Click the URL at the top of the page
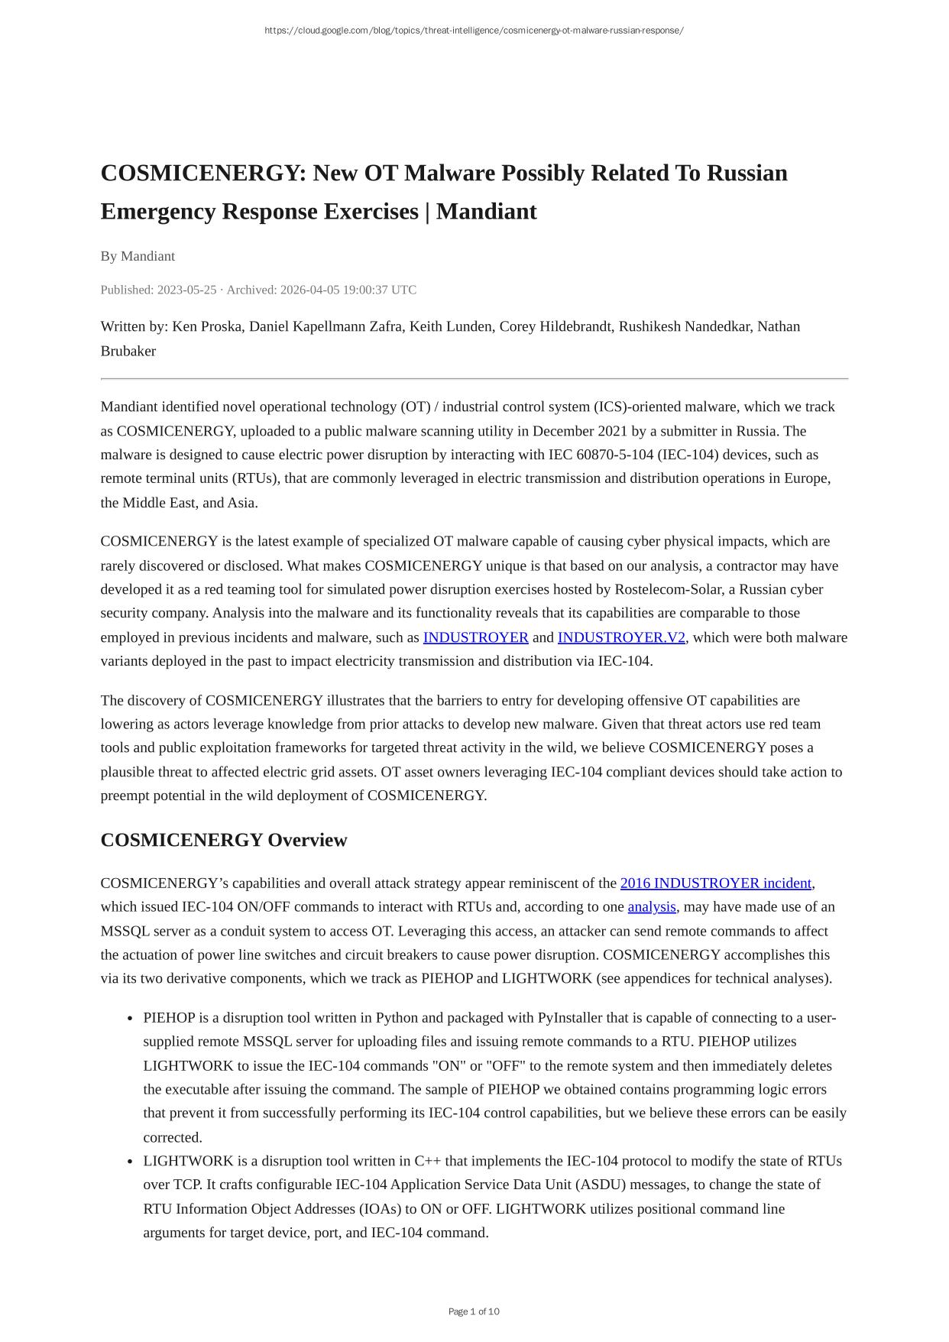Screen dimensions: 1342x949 click(x=474, y=31)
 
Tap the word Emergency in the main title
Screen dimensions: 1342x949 click(x=157, y=212)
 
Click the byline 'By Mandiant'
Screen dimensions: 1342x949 click(x=138, y=256)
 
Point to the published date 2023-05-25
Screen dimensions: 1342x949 click(x=186, y=290)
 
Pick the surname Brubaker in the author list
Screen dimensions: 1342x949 click(x=128, y=351)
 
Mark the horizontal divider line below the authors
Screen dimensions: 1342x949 click(x=474, y=378)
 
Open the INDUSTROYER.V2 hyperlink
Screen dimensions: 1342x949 click(x=621, y=637)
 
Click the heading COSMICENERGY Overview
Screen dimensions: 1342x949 click(x=223, y=840)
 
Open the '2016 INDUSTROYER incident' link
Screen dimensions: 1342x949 click(x=715, y=883)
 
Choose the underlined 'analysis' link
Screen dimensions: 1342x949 click(x=652, y=907)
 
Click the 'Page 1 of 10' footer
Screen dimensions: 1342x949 click(x=474, y=1311)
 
